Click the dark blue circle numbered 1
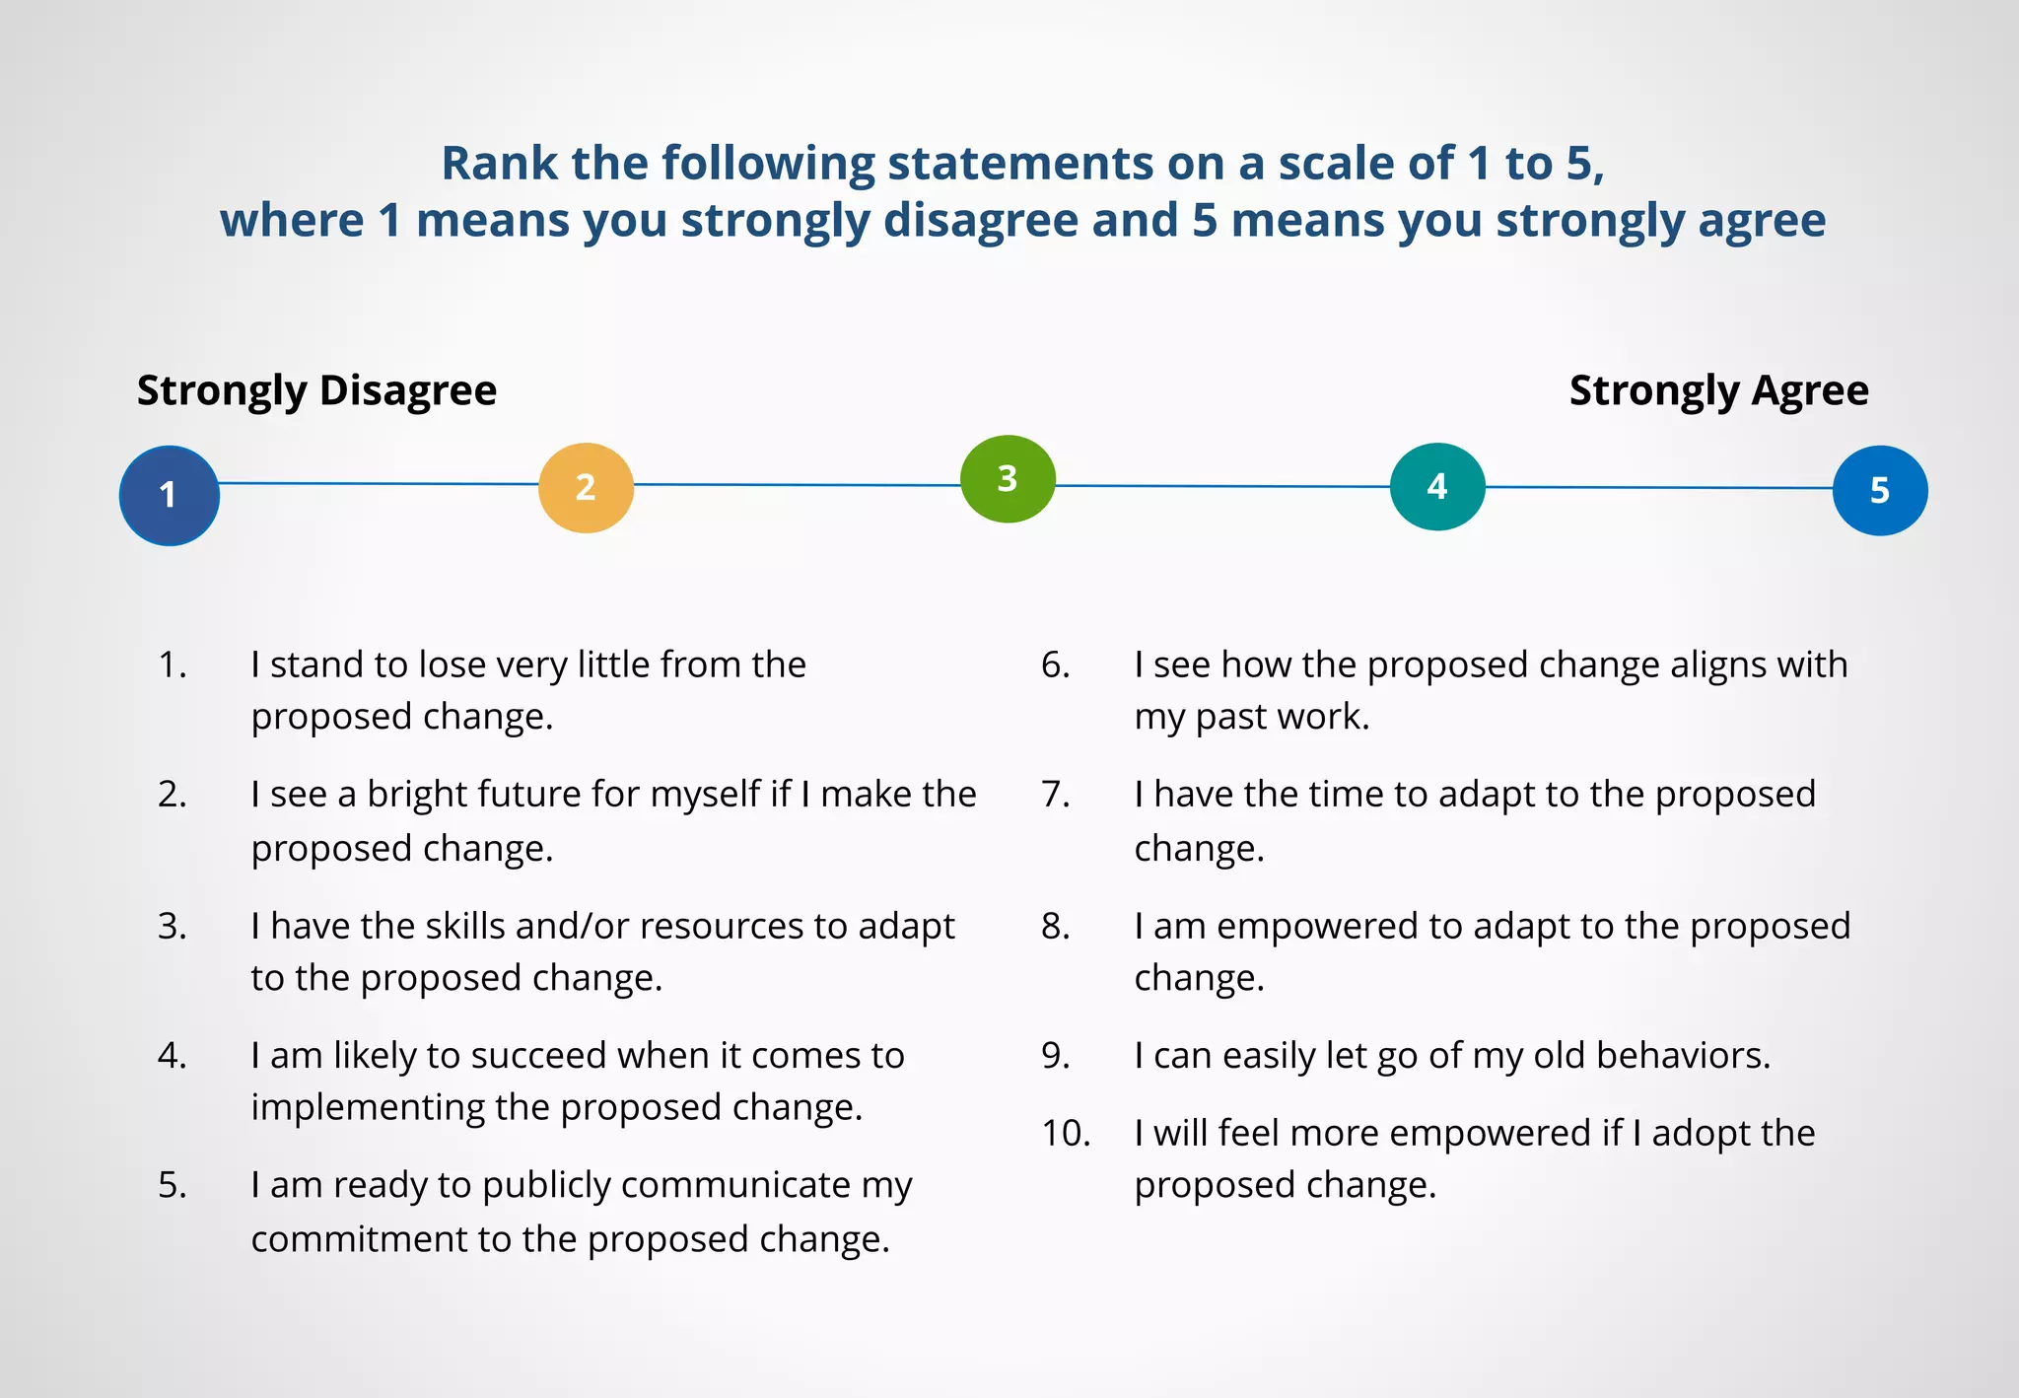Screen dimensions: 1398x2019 point(169,495)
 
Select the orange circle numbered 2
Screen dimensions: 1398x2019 point(586,488)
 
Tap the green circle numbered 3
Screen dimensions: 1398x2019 point(1008,479)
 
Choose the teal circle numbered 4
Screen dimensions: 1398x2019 point(1436,486)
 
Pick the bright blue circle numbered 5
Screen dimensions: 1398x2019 point(1879,491)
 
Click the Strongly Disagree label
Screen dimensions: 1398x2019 point(316,390)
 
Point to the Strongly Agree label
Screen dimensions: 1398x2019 point(1718,390)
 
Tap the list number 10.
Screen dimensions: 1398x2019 point(1066,1134)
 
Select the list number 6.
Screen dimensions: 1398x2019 point(1055,665)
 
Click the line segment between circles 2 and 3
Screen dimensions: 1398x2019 point(797,485)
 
